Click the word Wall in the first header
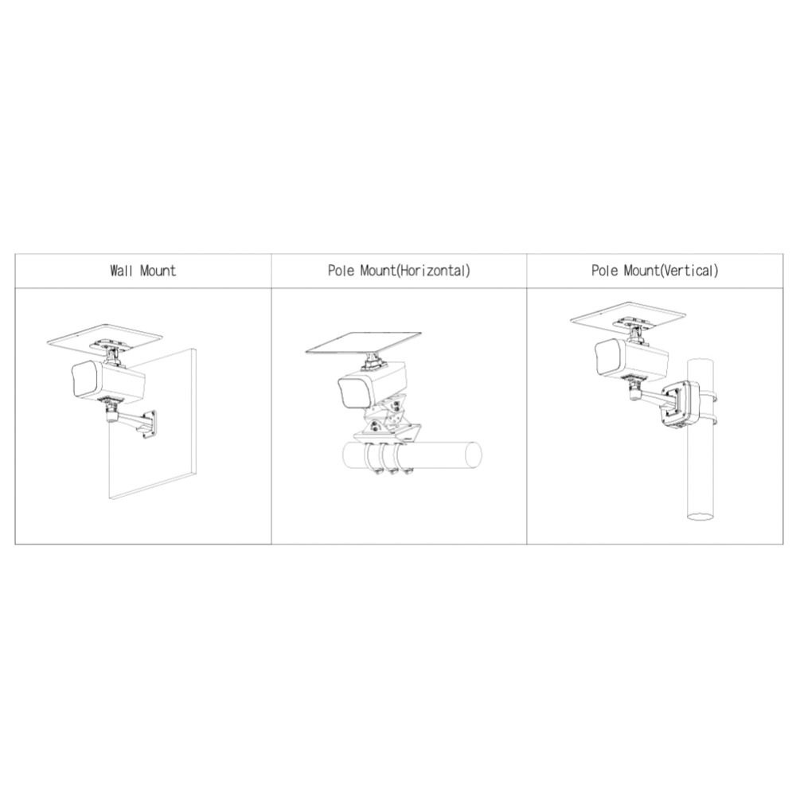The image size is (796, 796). tap(122, 270)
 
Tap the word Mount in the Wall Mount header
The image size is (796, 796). tap(158, 270)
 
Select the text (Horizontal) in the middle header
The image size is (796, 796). tap(433, 270)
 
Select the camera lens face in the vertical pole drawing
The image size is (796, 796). tap(608, 358)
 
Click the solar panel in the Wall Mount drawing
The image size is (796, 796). tap(104, 337)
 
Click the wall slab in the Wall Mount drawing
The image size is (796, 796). tap(152, 424)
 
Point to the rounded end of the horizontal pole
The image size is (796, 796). tap(474, 455)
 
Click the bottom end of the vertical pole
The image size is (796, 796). tap(700, 517)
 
